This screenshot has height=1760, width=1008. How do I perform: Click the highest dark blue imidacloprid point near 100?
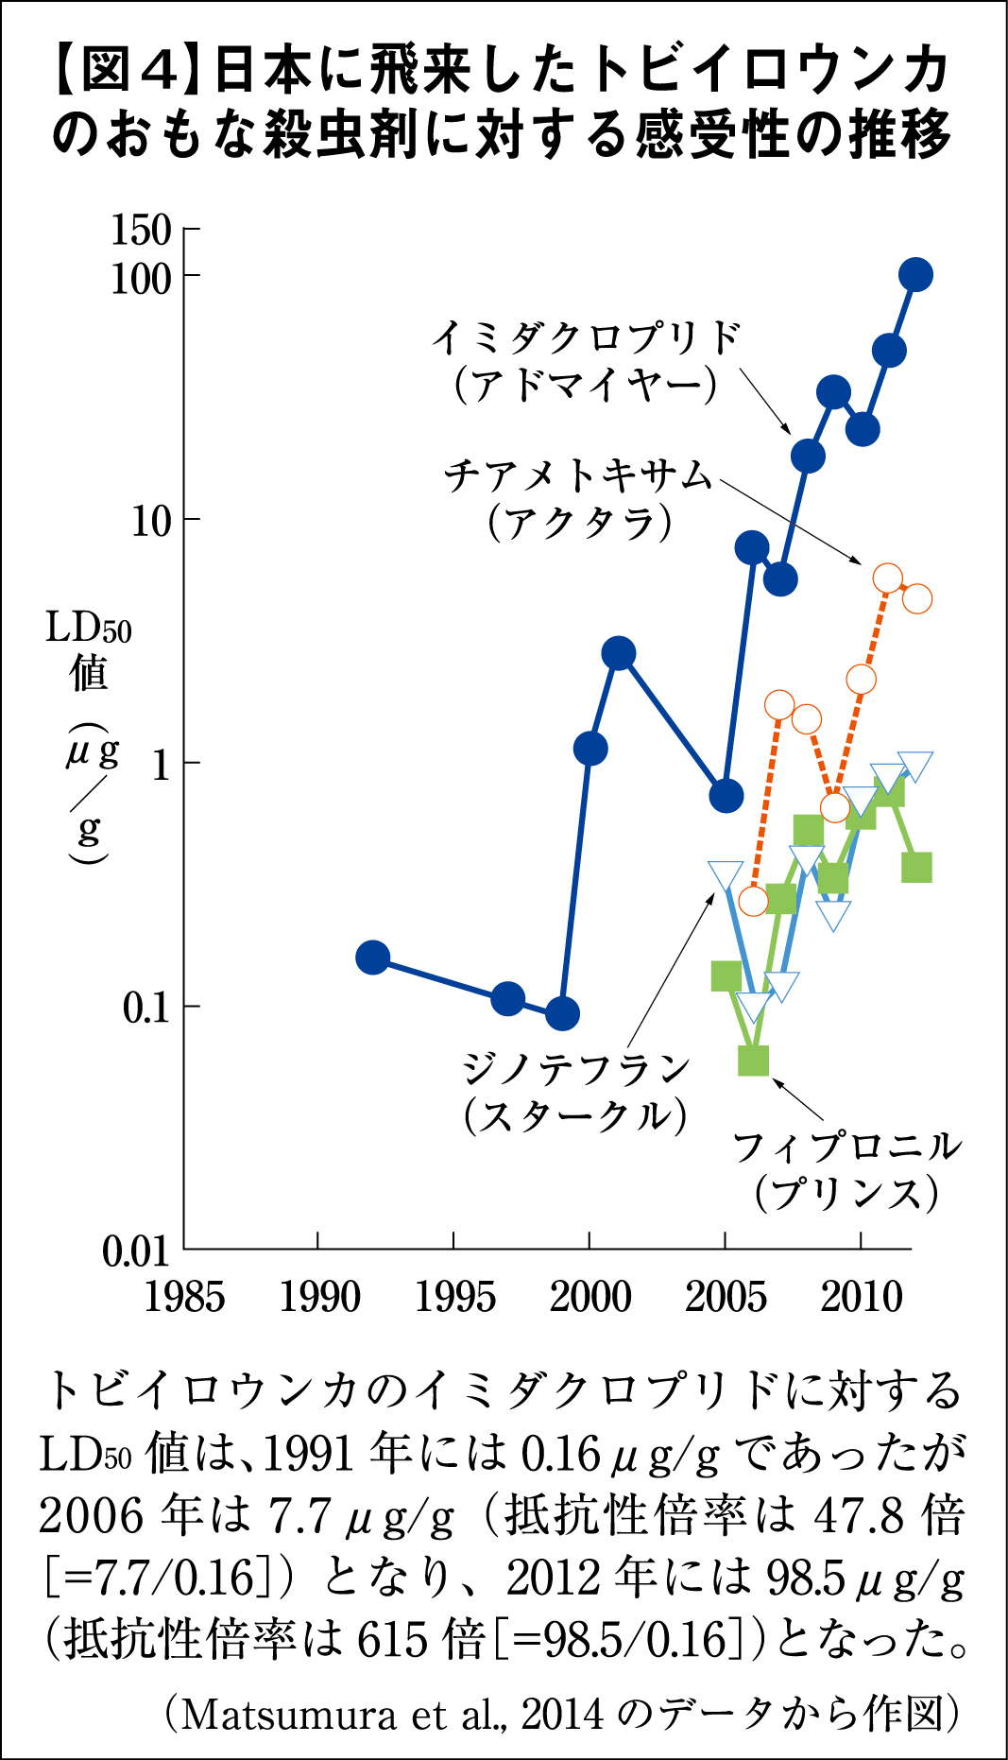914,275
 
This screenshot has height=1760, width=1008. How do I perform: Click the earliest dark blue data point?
373,958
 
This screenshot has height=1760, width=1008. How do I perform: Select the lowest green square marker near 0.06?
753,1061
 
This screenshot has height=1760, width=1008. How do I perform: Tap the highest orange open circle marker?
888,578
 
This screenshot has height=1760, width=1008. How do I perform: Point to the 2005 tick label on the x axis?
725,1297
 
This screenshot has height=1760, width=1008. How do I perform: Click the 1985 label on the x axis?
184,1297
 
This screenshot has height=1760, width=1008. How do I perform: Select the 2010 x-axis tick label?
861,1297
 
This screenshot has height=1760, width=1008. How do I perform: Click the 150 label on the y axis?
141,230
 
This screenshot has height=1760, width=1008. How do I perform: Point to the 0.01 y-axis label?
136,1251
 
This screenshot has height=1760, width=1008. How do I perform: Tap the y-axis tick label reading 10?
151,521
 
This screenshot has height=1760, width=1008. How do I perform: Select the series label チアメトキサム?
577,475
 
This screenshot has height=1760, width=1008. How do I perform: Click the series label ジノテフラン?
576,1069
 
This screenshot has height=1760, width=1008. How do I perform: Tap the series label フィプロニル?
847,1147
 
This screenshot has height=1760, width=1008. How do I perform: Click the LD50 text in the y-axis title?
88,628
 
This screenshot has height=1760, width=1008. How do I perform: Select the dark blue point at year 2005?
726,796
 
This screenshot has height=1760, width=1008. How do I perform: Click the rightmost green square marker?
916,867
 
